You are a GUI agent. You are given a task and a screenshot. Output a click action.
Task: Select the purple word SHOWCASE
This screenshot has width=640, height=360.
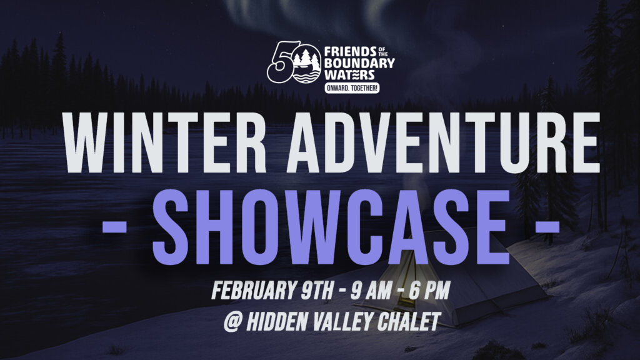click(331, 227)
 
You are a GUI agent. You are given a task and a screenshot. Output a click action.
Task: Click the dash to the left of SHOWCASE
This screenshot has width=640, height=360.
click(114, 226)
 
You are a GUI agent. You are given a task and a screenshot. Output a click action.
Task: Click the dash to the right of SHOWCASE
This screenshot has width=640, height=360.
click(547, 226)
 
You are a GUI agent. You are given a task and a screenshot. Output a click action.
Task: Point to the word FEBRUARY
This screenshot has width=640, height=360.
click(253, 290)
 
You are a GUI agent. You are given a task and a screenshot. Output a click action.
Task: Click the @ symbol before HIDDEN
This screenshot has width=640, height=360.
click(232, 322)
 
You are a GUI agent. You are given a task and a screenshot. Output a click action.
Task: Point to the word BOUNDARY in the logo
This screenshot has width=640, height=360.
click(359, 63)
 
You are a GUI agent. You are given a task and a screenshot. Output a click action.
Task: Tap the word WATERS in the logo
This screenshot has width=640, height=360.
click(349, 75)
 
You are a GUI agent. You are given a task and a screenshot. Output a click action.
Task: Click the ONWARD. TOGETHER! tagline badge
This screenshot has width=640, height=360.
click(352, 87)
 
